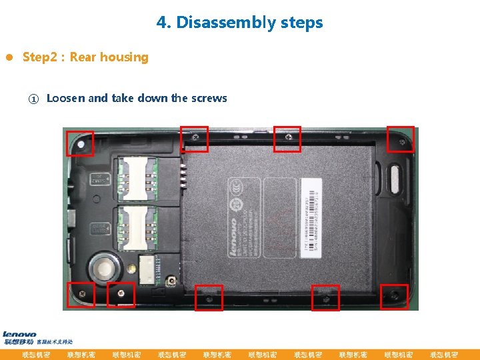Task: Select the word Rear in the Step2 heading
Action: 82,57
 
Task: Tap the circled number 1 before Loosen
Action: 33,99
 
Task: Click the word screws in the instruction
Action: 209,98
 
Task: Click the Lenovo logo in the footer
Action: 19,335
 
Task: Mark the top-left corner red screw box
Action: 79,143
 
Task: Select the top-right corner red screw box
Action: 401,139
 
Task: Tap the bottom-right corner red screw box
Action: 394,297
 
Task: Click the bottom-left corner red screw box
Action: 81,295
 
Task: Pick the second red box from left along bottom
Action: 121,295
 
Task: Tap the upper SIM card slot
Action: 136,178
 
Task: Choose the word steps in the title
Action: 301,23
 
